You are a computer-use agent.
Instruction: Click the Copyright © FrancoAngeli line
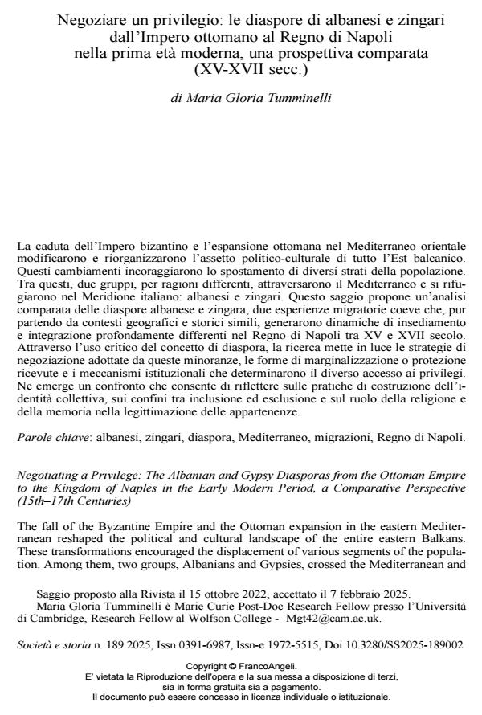click(240, 666)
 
